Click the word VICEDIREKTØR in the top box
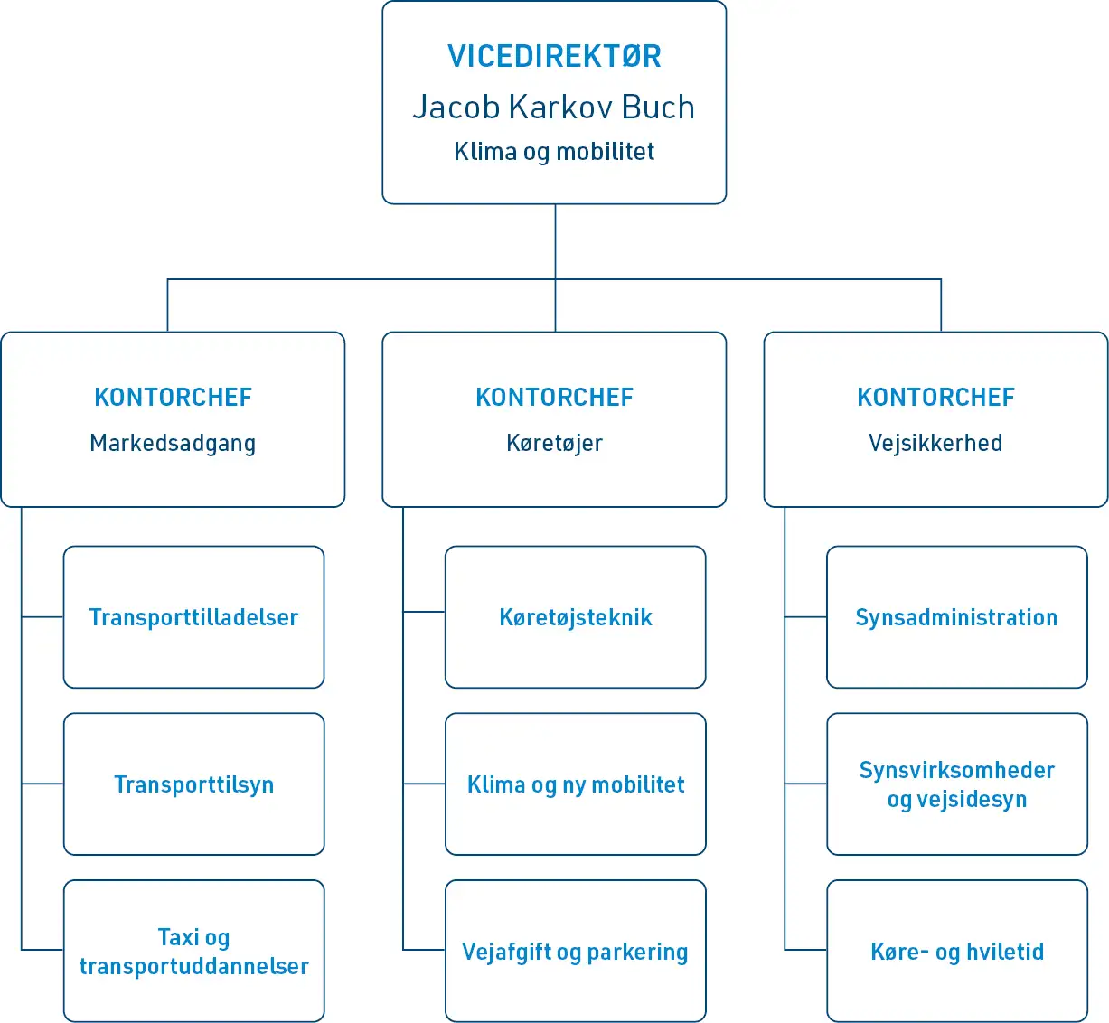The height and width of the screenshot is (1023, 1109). point(554,56)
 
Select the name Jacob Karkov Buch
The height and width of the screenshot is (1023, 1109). point(554,107)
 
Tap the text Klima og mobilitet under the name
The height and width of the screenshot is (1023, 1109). point(554,151)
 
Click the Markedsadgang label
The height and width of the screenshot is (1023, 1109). point(173,443)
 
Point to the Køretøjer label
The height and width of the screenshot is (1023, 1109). point(554,443)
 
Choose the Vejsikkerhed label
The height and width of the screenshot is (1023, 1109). point(935,443)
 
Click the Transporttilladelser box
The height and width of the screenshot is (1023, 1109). point(193,617)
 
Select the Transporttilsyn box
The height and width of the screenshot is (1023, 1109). point(193,784)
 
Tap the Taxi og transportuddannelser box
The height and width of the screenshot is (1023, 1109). point(193,952)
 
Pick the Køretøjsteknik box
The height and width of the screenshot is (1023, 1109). point(576,617)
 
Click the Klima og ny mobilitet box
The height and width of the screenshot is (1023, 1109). point(576,784)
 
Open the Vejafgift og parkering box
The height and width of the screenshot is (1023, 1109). point(576,952)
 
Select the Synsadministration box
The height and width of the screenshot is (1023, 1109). point(956,617)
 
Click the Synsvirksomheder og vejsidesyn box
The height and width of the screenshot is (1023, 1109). point(956,784)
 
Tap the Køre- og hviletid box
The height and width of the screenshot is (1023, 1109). point(956,952)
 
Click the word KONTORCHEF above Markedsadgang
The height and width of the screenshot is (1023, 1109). point(173,397)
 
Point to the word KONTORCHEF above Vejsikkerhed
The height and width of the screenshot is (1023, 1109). point(935,397)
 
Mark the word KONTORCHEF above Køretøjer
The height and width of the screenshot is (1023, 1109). point(554,397)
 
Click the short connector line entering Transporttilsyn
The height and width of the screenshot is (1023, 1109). point(42,784)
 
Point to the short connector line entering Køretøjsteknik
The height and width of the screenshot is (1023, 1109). point(424,612)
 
